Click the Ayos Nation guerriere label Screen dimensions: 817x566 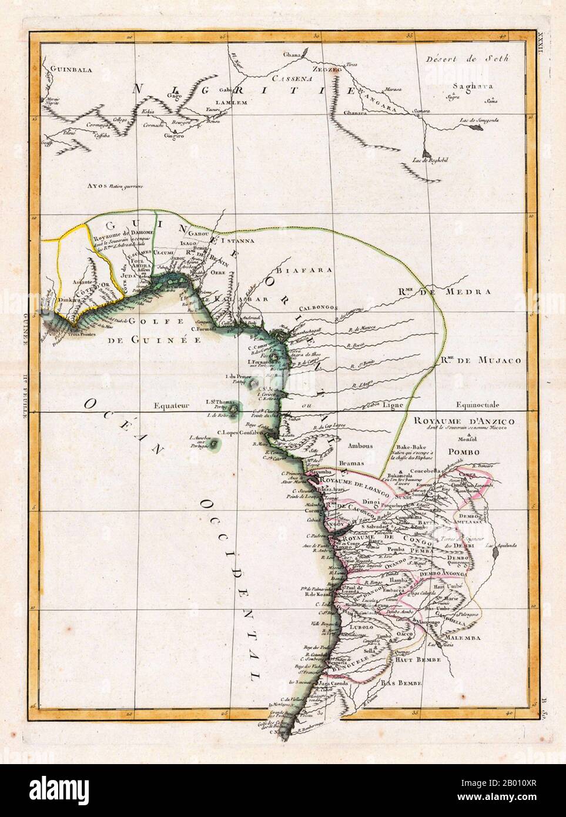pyautogui.click(x=115, y=186)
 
